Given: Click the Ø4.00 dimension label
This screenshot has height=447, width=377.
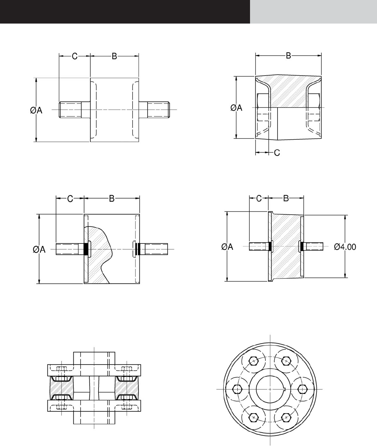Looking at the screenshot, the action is (x=345, y=247).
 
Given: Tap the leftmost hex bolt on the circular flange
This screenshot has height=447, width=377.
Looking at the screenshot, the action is (x=237, y=389).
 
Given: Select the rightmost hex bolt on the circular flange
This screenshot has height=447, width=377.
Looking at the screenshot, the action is (x=303, y=389).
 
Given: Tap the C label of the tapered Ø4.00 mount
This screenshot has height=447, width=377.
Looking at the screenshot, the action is (x=259, y=198).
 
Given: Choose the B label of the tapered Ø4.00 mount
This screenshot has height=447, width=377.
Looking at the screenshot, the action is (x=286, y=198).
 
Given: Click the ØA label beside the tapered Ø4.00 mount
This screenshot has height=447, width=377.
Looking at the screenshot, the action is (x=227, y=247).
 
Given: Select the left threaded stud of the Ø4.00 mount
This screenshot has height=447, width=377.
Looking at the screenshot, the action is (x=259, y=246).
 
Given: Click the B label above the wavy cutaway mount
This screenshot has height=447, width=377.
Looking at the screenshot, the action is (x=112, y=199).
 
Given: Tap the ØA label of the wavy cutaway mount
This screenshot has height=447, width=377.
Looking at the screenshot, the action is (x=39, y=250).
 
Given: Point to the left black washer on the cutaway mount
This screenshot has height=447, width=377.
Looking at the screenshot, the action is (x=86, y=249).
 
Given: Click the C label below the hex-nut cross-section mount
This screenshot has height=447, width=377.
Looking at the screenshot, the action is (x=277, y=152).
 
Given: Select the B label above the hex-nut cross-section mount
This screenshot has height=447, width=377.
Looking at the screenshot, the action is (x=288, y=56).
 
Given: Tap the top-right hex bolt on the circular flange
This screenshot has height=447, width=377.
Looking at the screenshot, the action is (x=286, y=361).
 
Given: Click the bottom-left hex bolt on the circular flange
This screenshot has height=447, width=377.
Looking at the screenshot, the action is (x=254, y=418).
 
